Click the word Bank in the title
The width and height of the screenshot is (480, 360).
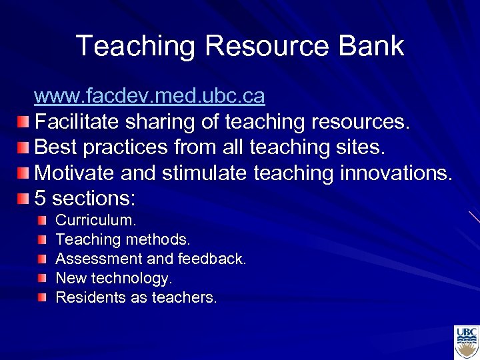click(x=371, y=46)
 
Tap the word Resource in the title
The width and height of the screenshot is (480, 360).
click(x=267, y=46)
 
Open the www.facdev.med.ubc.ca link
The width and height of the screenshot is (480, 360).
click(x=149, y=97)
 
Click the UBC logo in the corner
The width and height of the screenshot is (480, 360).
click(x=466, y=342)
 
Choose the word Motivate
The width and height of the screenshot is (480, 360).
click(x=74, y=173)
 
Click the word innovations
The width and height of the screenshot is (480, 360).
click(x=396, y=173)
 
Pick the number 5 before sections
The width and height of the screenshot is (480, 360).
click(x=40, y=199)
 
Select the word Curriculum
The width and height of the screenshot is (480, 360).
click(x=95, y=220)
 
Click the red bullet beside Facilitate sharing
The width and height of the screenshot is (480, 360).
click(x=23, y=123)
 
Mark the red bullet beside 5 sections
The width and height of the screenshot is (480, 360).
click(x=23, y=199)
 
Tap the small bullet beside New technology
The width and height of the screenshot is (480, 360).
click(x=43, y=277)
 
